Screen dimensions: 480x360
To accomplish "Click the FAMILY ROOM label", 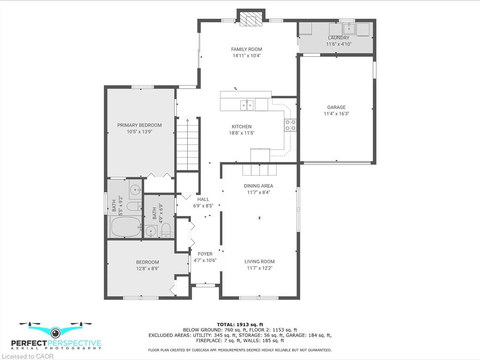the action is point(246,49).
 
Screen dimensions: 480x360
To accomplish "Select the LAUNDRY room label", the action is point(339,38).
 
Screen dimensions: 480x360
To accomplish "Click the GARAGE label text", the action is point(336,107).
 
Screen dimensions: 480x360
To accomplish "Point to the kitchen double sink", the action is point(247,105).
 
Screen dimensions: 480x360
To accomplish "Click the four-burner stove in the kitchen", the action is point(290,124).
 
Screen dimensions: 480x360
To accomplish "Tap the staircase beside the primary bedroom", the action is point(187,144).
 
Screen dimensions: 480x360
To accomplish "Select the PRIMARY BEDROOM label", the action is point(139,125).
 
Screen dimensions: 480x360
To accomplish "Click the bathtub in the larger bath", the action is point(126,227).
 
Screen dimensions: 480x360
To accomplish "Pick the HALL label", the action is point(203,199).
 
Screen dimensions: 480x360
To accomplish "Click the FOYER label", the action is point(205,254).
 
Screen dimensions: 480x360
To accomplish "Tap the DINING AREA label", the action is point(259,186).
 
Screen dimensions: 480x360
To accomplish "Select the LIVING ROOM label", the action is point(259,261).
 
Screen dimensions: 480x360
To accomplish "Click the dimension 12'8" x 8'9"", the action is point(147,268).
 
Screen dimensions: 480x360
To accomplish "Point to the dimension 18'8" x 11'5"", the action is point(242,133).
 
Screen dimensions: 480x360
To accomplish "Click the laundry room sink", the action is point(349,29).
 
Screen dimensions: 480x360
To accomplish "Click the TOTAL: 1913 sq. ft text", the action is point(240,324).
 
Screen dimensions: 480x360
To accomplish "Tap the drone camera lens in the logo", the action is point(55,332).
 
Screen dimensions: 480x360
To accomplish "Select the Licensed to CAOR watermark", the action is point(28,356).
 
